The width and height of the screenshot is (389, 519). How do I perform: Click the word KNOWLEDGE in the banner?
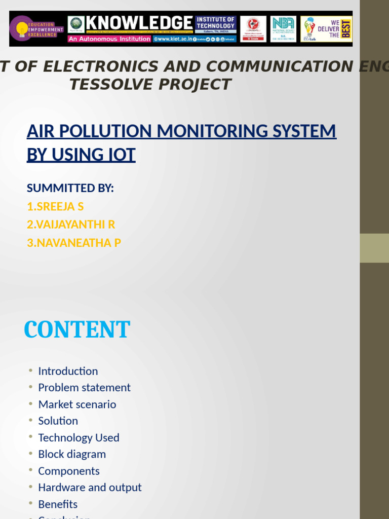coord(139,23)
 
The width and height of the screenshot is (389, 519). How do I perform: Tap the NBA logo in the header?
coord(283,29)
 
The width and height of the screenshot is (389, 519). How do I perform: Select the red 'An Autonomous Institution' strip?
coord(109,39)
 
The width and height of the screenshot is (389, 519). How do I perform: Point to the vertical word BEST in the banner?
coord(347,29)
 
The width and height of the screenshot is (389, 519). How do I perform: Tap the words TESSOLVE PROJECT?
coord(150,85)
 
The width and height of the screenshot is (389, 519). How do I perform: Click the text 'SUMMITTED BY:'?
coord(70,189)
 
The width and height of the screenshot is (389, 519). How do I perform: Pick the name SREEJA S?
coord(55,207)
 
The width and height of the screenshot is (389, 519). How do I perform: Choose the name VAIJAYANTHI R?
coord(71,225)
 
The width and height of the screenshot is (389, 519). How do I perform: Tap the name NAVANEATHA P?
coord(74,243)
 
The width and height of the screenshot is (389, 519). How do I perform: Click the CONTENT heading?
coord(77,330)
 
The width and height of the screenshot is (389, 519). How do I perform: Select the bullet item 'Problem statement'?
coord(84,388)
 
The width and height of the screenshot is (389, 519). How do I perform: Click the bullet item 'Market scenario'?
coord(77,404)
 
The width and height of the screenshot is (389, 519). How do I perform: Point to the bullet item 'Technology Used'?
coord(79,438)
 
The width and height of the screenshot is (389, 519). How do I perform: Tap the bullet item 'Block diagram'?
coord(72,454)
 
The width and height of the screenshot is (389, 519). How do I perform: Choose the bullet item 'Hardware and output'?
coord(90,488)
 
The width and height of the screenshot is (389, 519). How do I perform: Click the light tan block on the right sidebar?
coord(374,248)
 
